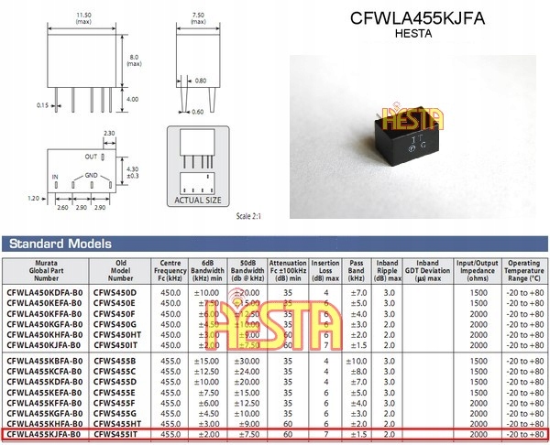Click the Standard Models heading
pyautogui.click(x=60, y=244)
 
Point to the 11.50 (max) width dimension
pyautogui.click(x=84, y=18)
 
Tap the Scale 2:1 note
pyautogui.click(x=248, y=215)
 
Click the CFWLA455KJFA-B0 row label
pyautogui.click(x=44, y=436)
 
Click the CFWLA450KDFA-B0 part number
pyautogui.click(x=44, y=291)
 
